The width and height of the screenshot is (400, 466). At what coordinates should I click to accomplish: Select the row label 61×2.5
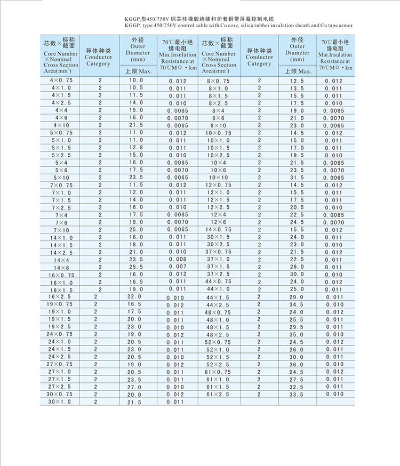click(219, 394)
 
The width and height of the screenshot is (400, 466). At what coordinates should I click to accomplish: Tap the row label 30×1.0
click(59, 401)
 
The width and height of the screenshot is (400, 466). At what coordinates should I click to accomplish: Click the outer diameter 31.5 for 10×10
click(297, 178)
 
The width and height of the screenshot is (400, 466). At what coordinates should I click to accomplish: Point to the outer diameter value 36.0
click(297, 364)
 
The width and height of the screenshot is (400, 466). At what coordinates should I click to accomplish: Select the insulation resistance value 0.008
click(178, 260)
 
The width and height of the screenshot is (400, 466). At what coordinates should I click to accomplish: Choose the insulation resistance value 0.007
click(178, 267)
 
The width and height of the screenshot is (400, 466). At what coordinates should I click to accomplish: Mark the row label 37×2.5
click(219, 275)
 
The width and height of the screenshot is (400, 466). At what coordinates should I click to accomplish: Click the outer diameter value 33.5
click(297, 394)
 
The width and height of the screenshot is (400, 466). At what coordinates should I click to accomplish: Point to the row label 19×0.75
click(59, 304)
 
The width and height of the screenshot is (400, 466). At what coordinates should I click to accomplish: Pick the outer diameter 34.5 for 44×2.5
click(297, 304)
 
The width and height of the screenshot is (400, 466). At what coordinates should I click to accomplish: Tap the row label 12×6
click(219, 222)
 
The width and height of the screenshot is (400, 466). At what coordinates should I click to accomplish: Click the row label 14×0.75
click(219, 230)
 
